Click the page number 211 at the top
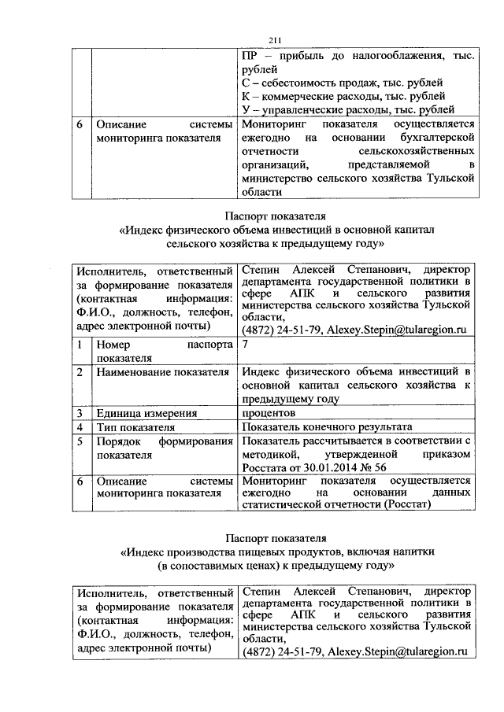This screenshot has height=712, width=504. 275,41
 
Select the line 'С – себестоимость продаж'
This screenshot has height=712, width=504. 341,83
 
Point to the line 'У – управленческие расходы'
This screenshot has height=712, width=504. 346,110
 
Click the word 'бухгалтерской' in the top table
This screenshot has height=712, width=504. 440,138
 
